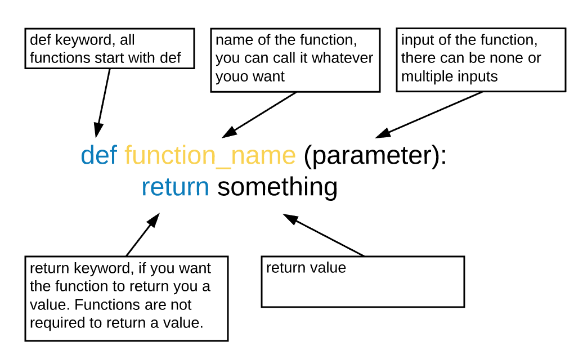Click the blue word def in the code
coord(98,155)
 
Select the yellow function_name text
coord(210,156)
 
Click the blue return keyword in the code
coord(175,187)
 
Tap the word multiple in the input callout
coord(424,76)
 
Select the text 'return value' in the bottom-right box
coord(306,268)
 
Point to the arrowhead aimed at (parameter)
coord(383,133)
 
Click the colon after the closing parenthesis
coord(442,156)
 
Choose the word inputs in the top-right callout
coord(478,76)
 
